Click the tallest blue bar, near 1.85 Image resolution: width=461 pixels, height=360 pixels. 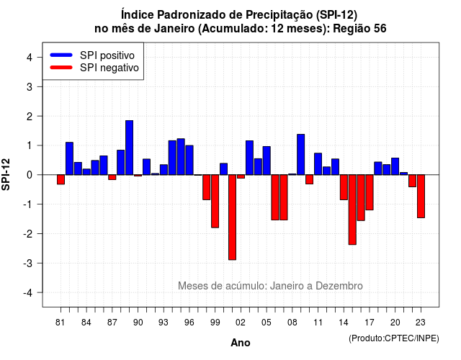pyautogui.click(x=129, y=148)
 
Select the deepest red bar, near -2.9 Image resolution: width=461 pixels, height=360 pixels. pyautogui.click(x=232, y=217)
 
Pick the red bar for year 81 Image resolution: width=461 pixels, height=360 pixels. pyautogui.click(x=61, y=179)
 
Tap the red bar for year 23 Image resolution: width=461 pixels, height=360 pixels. pyautogui.click(x=421, y=197)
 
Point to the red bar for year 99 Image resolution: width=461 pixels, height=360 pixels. pyautogui.click(x=215, y=202)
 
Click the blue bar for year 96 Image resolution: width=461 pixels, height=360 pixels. pyautogui.click(x=189, y=160)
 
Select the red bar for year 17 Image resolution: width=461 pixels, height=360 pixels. pyautogui.click(x=370, y=192)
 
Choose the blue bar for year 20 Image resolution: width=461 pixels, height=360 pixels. pyautogui.click(x=395, y=166)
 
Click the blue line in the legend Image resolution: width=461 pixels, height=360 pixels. pyautogui.click(x=61, y=55)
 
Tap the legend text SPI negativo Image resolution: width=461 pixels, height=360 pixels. pyautogui.click(x=109, y=68)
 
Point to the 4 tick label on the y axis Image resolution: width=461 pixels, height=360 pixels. pyautogui.click(x=30, y=58)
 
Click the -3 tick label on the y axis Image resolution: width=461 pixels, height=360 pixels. pyautogui.click(x=27, y=263)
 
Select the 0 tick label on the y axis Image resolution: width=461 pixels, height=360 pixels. pyautogui.click(x=30, y=175)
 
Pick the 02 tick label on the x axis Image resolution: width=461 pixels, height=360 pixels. pyautogui.click(x=241, y=323)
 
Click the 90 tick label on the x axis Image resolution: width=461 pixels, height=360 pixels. pyautogui.click(x=138, y=323)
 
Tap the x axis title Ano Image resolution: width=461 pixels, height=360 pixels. pyautogui.click(x=241, y=343)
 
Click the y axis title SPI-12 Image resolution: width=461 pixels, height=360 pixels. pyautogui.click(x=6, y=174)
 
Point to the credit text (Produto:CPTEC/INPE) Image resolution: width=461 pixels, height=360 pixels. pyautogui.click(x=394, y=338)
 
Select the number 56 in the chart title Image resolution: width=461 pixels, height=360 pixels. pyautogui.click(x=380, y=29)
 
